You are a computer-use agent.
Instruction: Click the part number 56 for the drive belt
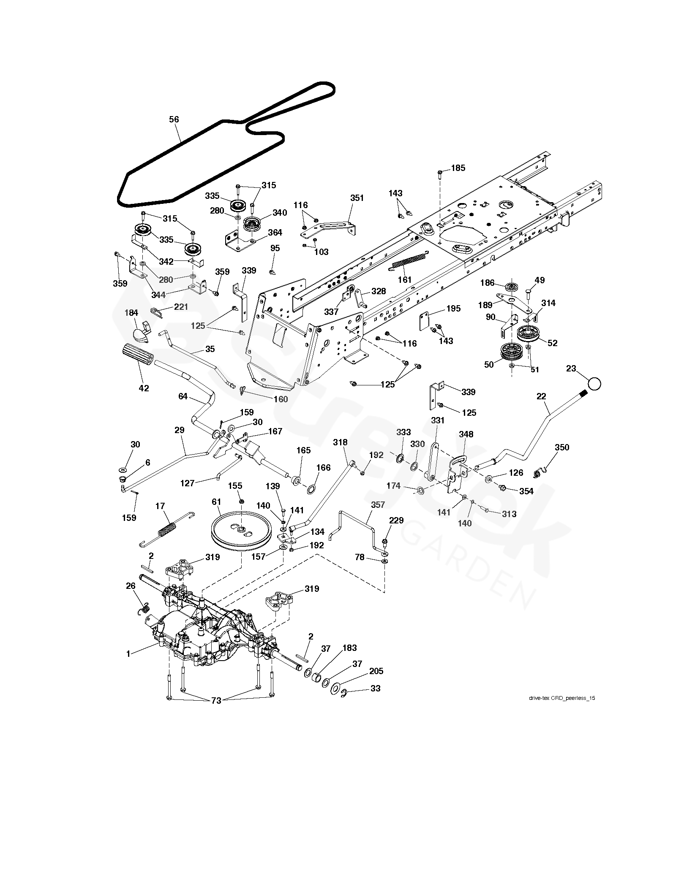point(174,119)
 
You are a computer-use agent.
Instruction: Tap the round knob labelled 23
point(594,384)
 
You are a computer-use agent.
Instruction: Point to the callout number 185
point(458,168)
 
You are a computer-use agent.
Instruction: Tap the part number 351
point(357,198)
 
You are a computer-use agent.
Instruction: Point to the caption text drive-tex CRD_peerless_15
point(562,698)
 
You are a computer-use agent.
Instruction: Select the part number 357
point(378,504)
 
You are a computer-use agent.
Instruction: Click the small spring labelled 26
point(144,608)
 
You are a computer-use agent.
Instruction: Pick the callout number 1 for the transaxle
point(128,654)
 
